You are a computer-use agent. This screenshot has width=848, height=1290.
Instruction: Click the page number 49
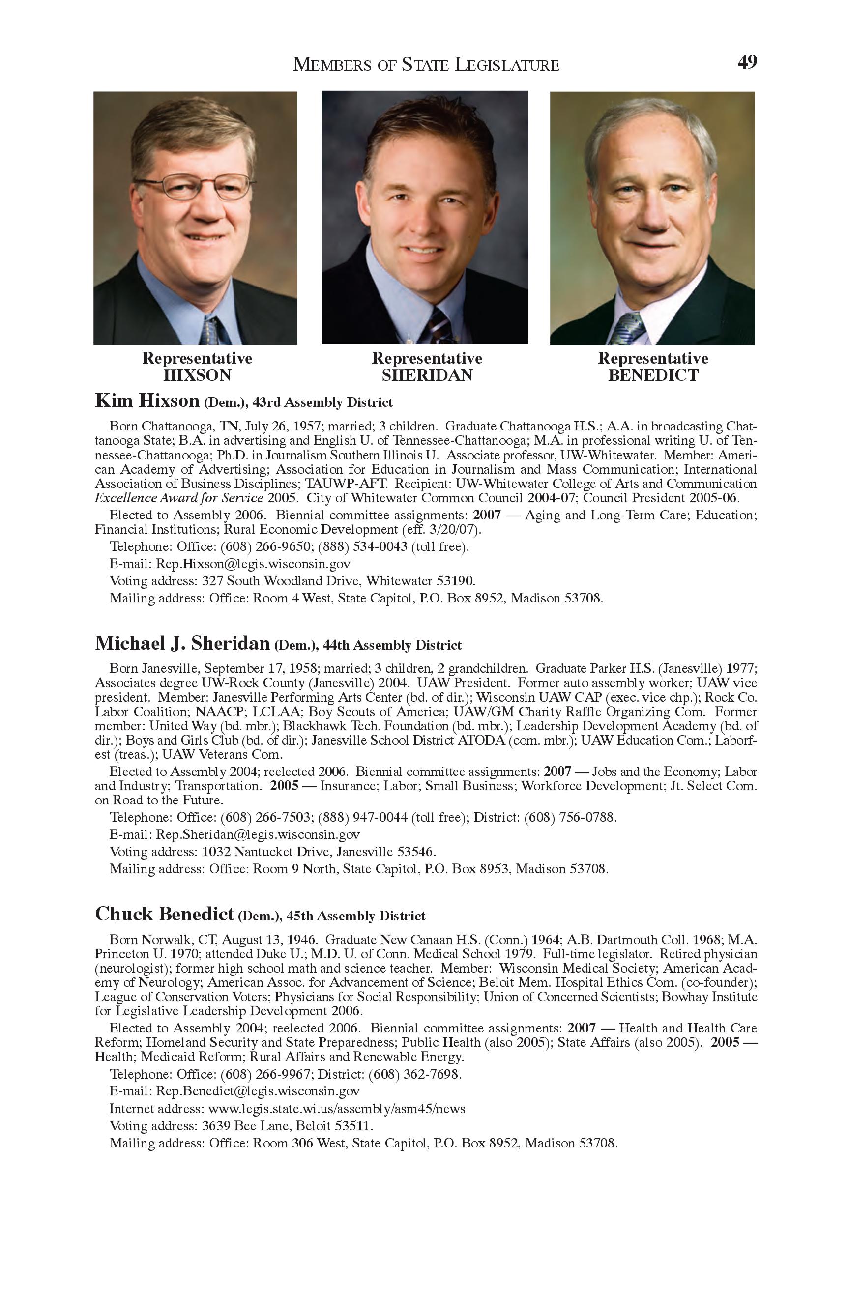point(747,63)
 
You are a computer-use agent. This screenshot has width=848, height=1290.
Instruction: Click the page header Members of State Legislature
point(426,65)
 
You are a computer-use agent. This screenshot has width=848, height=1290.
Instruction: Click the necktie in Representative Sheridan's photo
point(441,326)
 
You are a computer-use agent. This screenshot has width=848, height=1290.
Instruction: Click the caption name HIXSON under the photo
point(197,375)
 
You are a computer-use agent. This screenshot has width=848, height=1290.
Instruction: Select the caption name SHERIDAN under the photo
point(427,375)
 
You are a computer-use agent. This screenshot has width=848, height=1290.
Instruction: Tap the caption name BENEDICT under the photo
point(653,375)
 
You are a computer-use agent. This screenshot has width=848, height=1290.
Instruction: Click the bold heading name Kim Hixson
point(147,401)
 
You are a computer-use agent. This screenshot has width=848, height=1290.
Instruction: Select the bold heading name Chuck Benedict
point(164,914)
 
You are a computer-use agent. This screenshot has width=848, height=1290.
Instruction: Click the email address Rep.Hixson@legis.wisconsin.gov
point(253,564)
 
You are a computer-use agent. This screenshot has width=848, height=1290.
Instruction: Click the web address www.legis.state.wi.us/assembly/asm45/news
point(336,1109)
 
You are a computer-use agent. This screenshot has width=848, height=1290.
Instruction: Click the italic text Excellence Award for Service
point(179,497)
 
